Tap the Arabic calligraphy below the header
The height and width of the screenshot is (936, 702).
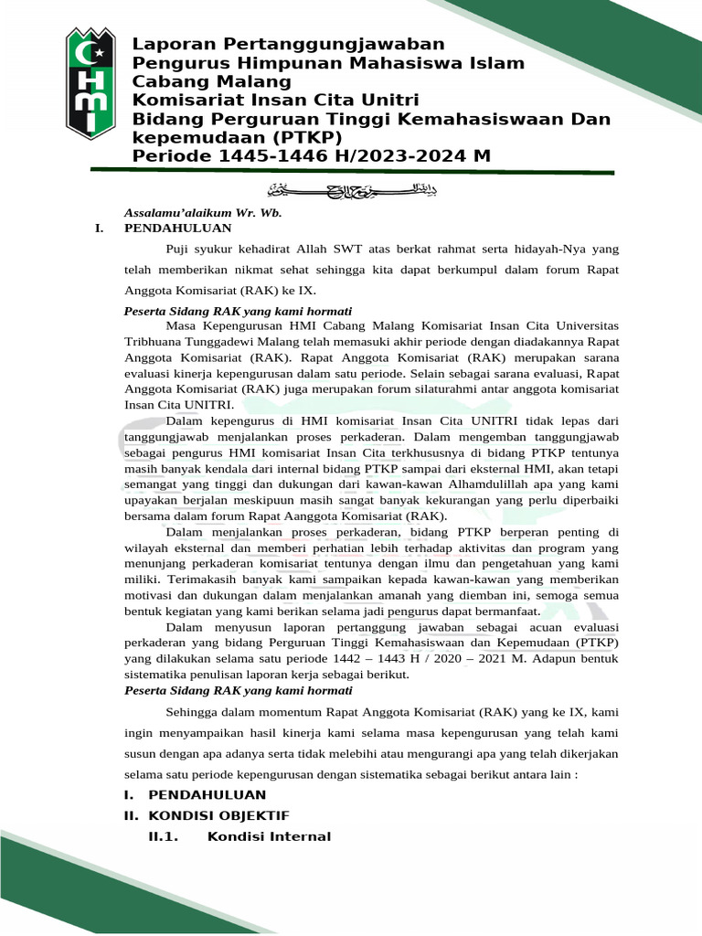351,190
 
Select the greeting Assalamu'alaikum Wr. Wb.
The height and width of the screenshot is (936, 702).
190,212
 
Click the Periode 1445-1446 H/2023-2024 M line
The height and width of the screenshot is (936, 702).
312,156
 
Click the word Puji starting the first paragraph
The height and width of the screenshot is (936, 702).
179,247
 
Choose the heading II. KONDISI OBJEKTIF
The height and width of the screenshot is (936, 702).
207,815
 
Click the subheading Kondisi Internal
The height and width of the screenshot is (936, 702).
269,836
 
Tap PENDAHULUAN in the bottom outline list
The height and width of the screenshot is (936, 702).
207,794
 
